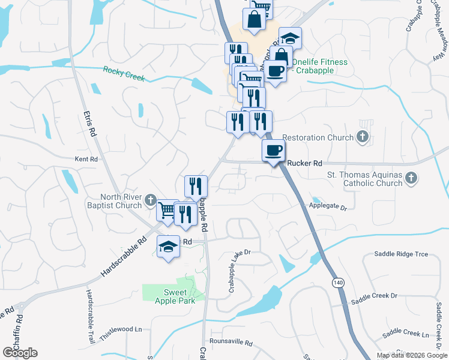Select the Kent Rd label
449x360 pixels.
point(86,160)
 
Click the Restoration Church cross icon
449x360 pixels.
point(361,137)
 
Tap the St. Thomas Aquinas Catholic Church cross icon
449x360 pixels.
point(411,178)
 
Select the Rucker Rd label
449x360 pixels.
point(305,163)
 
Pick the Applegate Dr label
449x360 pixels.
point(328,206)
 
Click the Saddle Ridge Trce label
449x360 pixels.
point(402,254)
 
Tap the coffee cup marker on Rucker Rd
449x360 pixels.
point(274,151)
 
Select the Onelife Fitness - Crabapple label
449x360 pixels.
point(312,66)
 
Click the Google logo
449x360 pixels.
point(20,353)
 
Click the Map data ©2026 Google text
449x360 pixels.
point(411,355)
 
